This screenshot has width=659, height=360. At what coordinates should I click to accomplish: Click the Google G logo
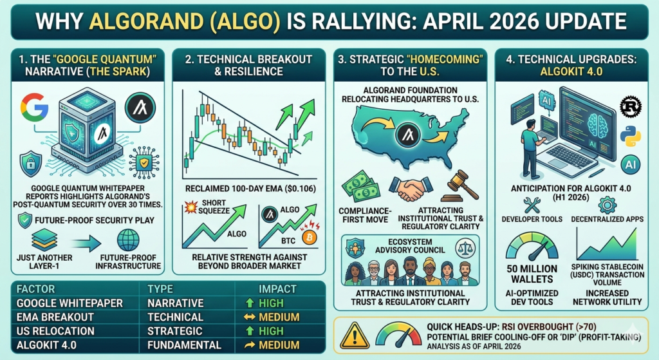(x=34, y=106)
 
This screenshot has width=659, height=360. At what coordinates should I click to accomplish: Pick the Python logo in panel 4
(x=631, y=137)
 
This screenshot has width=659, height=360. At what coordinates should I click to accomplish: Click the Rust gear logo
(x=631, y=106)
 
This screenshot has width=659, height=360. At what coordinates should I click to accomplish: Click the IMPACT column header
(x=277, y=289)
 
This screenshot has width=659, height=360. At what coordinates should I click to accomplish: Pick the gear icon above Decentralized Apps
(x=607, y=205)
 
